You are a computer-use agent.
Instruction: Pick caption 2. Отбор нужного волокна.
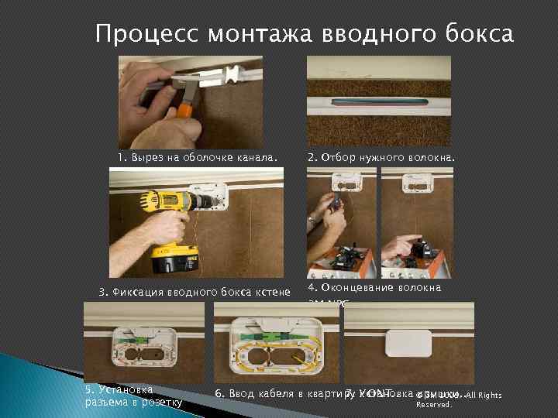pyautogui.click(x=381, y=159)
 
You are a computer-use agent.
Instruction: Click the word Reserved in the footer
pyautogui.click(x=433, y=404)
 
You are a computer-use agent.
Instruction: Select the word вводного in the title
pyautogui.click(x=367, y=35)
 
